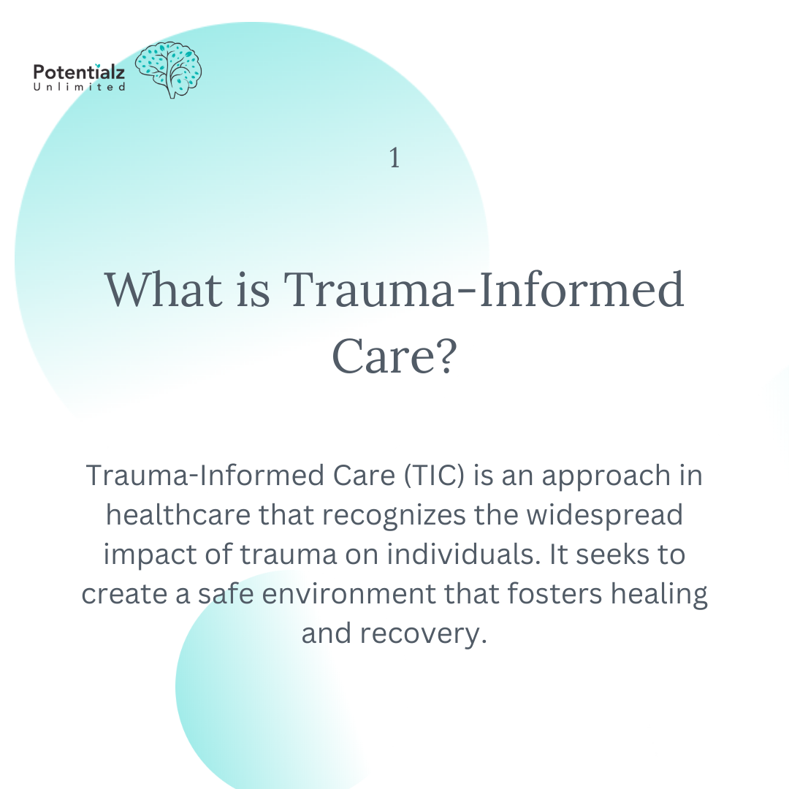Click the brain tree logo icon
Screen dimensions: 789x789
[x=169, y=69]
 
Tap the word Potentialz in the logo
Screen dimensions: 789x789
[x=79, y=72]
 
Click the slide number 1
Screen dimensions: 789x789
[x=394, y=158]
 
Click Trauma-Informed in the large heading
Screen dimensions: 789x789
[x=484, y=289]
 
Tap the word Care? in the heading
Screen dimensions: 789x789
[x=394, y=357]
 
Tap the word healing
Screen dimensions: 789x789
[x=660, y=593]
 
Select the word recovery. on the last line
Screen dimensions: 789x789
[x=424, y=633]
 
